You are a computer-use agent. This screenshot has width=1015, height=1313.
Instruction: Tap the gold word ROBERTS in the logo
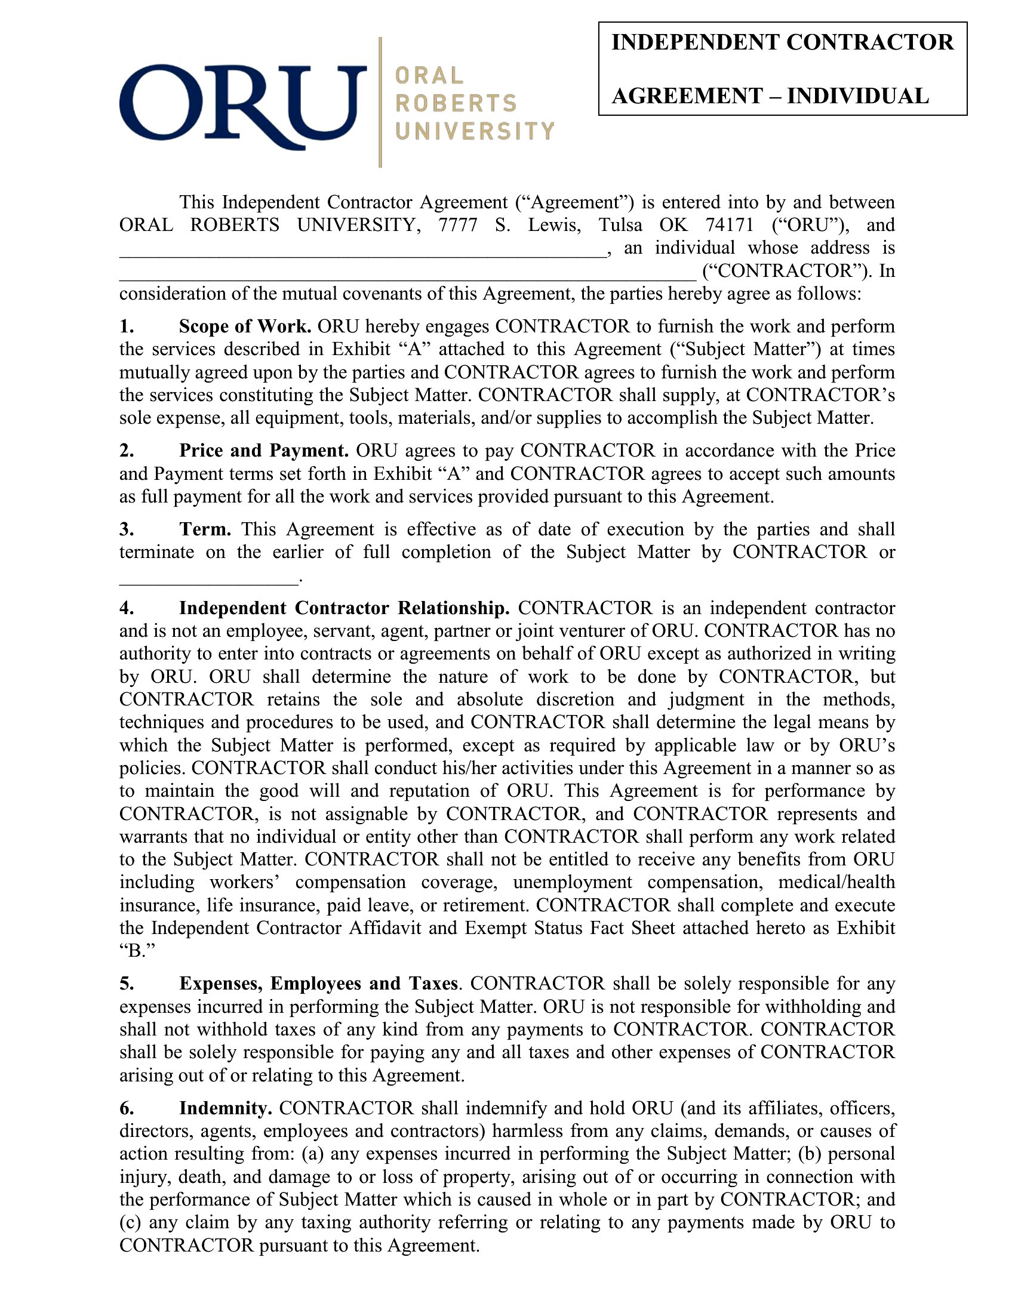(x=456, y=103)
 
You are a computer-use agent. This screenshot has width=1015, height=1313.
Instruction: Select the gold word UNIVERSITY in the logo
(x=475, y=131)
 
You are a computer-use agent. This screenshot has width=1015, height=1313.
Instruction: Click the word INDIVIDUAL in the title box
(x=858, y=96)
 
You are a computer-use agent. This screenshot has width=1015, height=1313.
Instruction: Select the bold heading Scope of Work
(x=245, y=326)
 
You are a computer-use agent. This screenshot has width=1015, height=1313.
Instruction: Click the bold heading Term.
(x=205, y=529)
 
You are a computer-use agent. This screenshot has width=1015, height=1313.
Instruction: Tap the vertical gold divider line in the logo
(x=380, y=102)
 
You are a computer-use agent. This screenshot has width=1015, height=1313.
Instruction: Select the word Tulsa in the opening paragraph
(x=620, y=225)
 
